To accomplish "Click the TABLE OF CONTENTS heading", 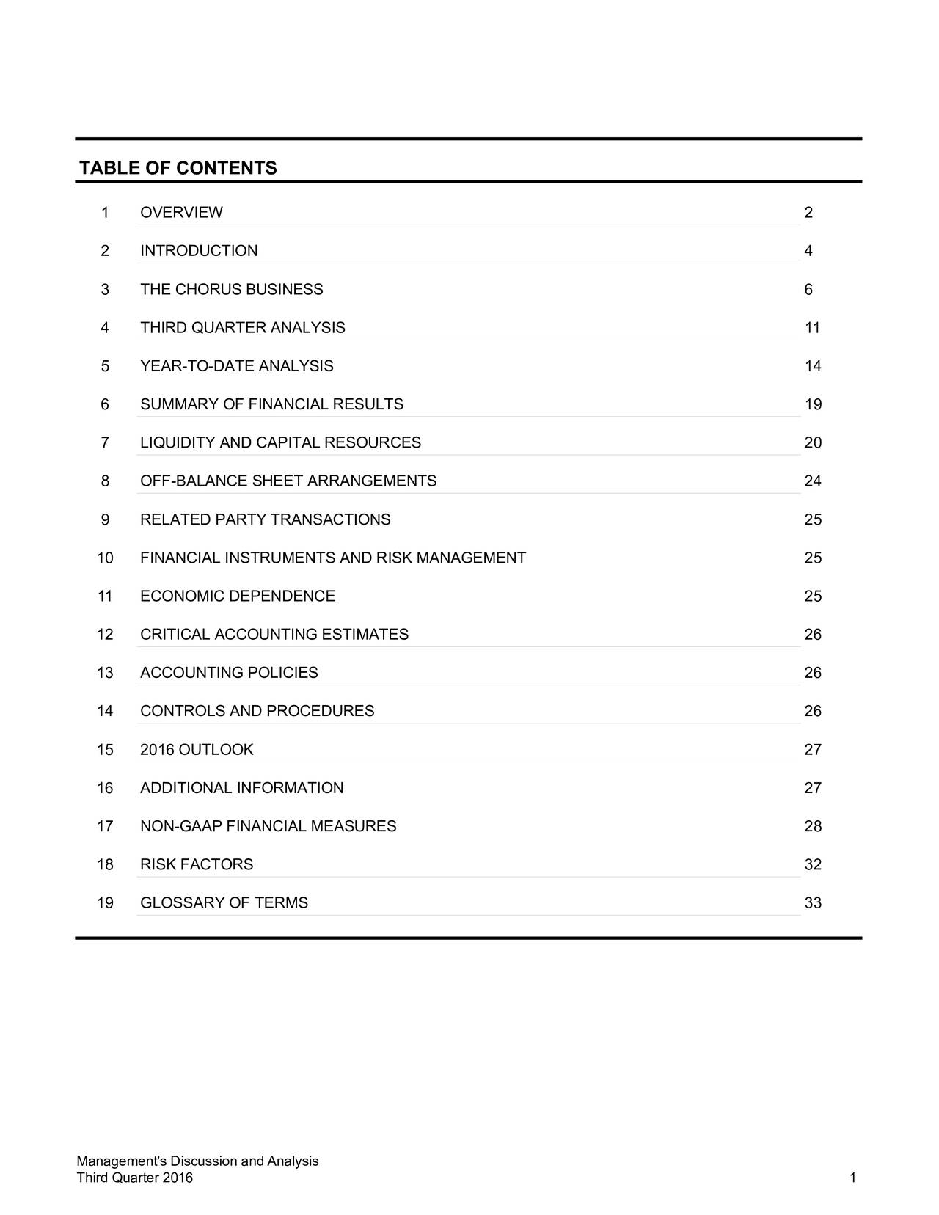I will [x=178, y=169].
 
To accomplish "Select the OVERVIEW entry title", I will [x=181, y=213].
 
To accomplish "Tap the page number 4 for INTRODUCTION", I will [x=808, y=251].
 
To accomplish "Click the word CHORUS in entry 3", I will [x=208, y=290].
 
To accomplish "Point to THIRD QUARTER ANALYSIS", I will [x=242, y=328].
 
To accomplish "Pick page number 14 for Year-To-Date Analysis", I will [x=812, y=366].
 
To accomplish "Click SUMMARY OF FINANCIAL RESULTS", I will [x=271, y=404].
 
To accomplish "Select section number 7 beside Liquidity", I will [x=106, y=442].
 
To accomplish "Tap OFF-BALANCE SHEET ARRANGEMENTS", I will [x=288, y=481].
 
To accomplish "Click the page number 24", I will [x=812, y=481].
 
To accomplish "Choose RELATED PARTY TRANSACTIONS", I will [x=265, y=519].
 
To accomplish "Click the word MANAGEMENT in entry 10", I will [x=470, y=558].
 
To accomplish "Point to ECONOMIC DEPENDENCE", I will [x=238, y=596].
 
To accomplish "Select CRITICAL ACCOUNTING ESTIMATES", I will [x=274, y=635].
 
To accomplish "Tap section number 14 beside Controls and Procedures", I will [x=105, y=711].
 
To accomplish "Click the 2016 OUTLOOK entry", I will [x=197, y=750].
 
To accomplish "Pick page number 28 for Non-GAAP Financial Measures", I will [x=812, y=826].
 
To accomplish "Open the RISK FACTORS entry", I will [x=197, y=864].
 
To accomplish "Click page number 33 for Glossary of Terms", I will [x=812, y=903].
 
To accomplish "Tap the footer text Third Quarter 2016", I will [x=135, y=1178].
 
